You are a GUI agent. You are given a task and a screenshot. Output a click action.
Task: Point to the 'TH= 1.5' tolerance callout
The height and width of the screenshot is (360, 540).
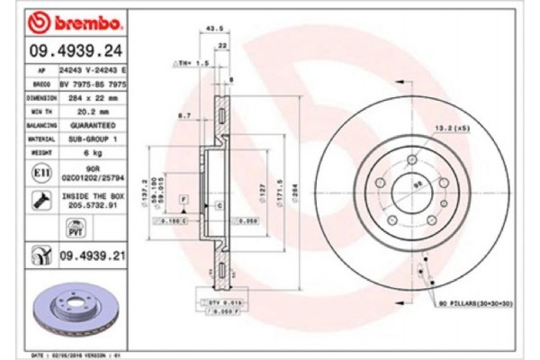coord(191,64)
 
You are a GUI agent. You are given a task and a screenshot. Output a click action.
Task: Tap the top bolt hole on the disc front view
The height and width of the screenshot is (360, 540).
coord(410,158)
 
